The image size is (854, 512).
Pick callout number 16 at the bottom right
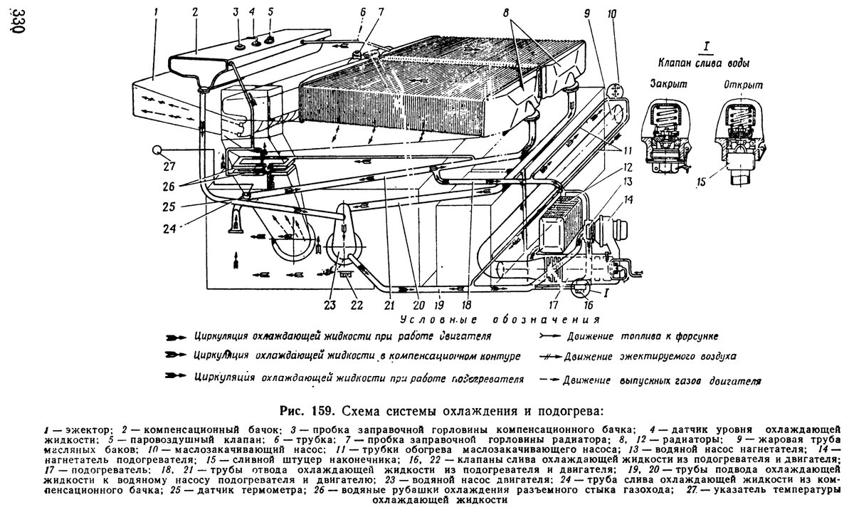tap(588, 305)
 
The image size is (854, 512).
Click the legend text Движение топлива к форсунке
tap(646, 334)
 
